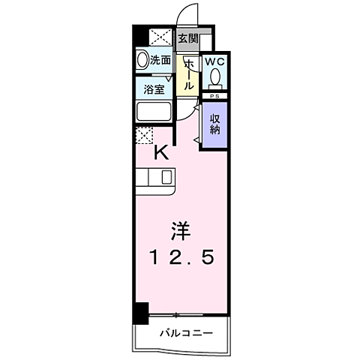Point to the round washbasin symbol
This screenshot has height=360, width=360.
pos(142,60)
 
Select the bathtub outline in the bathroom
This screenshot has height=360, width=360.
pos(155,112)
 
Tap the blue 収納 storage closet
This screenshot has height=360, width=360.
pos(214,122)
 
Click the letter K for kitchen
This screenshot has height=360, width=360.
pos(160,153)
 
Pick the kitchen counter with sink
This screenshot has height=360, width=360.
pos(156,178)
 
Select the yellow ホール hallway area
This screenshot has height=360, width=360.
pos(189,75)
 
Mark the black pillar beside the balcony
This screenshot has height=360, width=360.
pos(141,313)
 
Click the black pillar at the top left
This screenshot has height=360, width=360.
pos(140,36)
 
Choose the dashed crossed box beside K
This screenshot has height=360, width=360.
pos(145,135)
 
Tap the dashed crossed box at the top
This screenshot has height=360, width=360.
pos(160,37)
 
